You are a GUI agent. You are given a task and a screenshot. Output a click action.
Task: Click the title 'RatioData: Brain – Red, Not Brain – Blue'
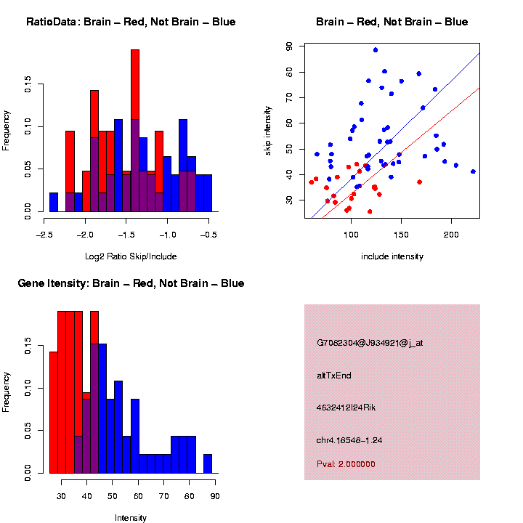pyautogui.click(x=131, y=22)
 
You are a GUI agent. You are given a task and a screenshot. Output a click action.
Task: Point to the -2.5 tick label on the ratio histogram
pyautogui.click(x=45, y=235)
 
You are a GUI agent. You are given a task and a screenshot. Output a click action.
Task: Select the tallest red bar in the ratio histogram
pyautogui.click(x=135, y=131)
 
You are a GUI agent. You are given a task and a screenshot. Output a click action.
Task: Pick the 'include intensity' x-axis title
pyautogui.click(x=392, y=256)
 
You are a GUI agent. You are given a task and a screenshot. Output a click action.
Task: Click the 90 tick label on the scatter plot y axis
pyautogui.click(x=289, y=46)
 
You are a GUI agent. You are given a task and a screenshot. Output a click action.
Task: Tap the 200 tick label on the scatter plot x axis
pyautogui.click(x=451, y=235)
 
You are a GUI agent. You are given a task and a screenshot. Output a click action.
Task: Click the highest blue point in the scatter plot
pyautogui.click(x=376, y=50)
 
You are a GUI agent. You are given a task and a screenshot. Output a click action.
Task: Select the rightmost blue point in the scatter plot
pyautogui.click(x=473, y=171)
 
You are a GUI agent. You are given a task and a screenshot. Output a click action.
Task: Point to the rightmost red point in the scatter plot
pyautogui.click(x=419, y=182)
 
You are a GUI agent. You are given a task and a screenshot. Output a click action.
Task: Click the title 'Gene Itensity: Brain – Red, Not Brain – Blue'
pyautogui.click(x=131, y=283)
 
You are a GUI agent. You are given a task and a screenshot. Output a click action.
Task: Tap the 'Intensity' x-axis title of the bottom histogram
pyautogui.click(x=131, y=518)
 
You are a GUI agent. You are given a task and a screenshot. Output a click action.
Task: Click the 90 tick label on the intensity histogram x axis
pyautogui.click(x=216, y=496)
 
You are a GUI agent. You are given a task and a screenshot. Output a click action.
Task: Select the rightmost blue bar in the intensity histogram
pyautogui.click(x=207, y=463)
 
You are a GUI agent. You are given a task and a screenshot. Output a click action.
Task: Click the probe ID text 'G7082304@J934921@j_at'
pyautogui.click(x=370, y=343)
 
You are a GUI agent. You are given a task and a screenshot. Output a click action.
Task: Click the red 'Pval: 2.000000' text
pyautogui.click(x=346, y=463)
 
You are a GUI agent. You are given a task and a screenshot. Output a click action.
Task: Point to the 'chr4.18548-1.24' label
pyautogui.click(x=349, y=440)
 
